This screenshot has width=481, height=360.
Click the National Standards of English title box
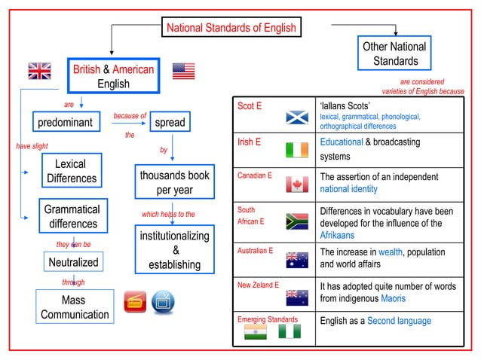click(x=231, y=29)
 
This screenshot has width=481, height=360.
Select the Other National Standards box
click(x=395, y=53)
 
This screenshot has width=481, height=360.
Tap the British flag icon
click(x=39, y=71)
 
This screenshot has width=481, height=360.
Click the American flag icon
click(x=183, y=71)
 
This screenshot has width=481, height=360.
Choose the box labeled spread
click(x=169, y=122)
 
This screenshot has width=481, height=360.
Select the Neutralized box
click(x=73, y=262)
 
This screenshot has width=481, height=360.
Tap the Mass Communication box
click(x=75, y=307)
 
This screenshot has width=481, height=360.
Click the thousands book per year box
click(x=174, y=182)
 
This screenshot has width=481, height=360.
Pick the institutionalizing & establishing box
click(x=174, y=250)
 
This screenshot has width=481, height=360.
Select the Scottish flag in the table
click(x=296, y=117)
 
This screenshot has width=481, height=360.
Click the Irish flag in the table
click(x=296, y=150)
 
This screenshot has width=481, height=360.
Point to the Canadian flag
click(x=296, y=185)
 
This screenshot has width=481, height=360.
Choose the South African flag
click(x=296, y=221)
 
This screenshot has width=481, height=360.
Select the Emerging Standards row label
click(x=268, y=320)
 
